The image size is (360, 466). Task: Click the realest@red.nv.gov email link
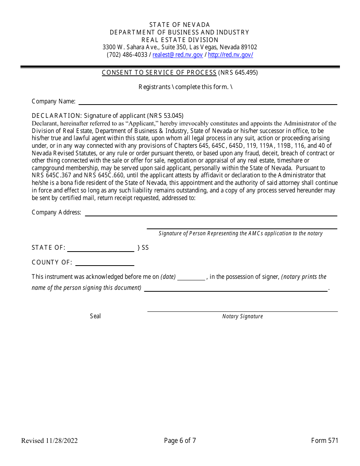tap(177, 55)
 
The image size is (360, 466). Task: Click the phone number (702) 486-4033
tap(127, 55)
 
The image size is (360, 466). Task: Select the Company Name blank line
tap(207, 102)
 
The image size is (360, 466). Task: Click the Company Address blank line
tap(211, 213)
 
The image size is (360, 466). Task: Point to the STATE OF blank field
tap(100, 249)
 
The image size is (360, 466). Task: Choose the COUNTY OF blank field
tap(105, 263)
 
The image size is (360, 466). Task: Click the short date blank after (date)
tap(191, 277)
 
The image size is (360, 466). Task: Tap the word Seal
tap(95, 316)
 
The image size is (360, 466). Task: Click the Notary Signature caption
tap(242, 316)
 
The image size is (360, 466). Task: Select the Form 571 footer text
tap(324, 440)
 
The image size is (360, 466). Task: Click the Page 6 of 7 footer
tap(180, 440)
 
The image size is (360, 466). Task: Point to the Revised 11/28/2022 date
tap(49, 440)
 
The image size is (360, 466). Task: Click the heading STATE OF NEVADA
tap(180, 25)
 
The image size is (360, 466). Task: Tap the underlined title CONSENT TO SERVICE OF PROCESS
tap(159, 73)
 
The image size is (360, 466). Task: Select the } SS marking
tap(143, 248)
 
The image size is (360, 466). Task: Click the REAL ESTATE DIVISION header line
tap(180, 40)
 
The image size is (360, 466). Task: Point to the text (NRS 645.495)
tap(238, 73)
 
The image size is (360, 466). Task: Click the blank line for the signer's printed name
tap(235, 288)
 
